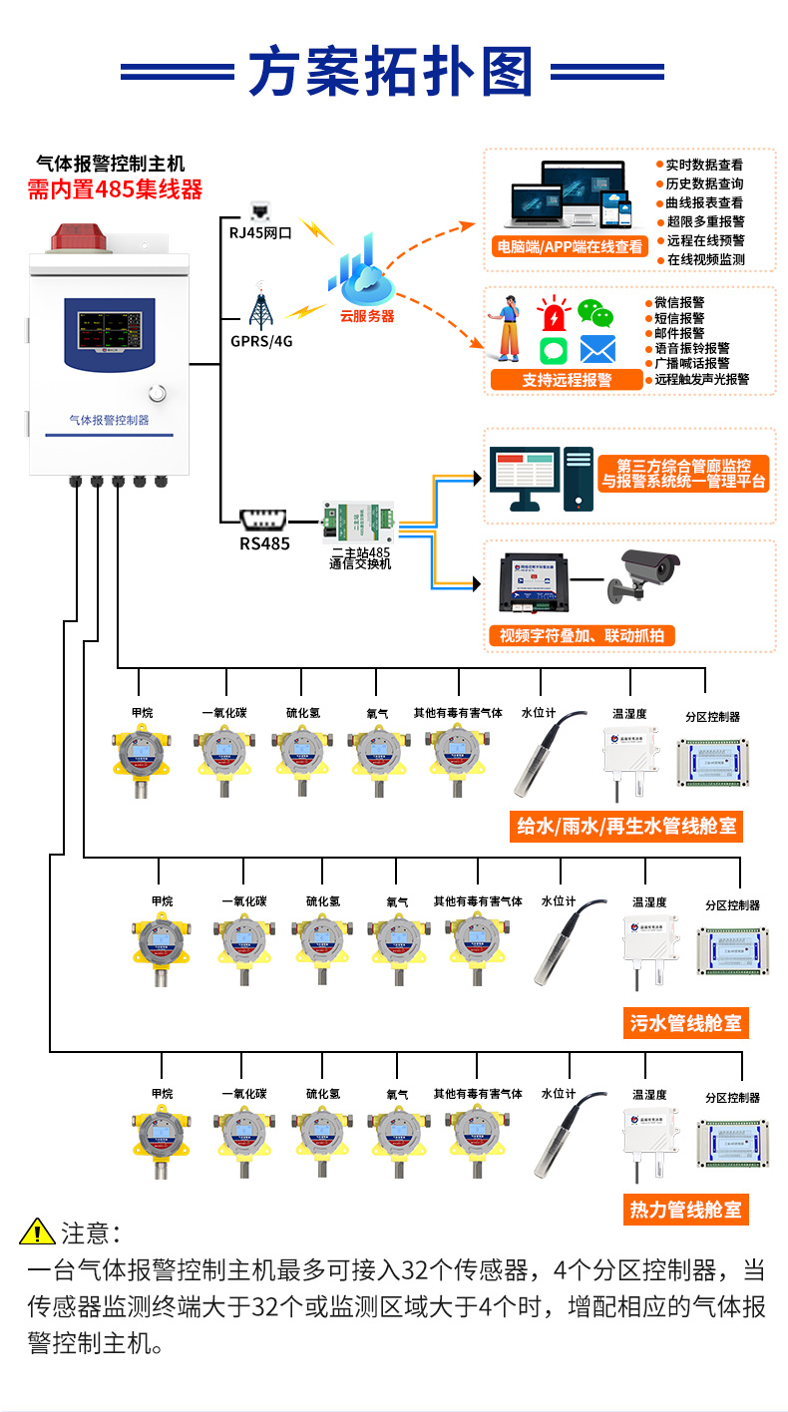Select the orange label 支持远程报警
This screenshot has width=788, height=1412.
click(567, 380)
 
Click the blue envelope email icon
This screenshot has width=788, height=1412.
click(597, 349)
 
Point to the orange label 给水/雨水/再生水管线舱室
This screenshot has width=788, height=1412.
click(626, 827)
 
